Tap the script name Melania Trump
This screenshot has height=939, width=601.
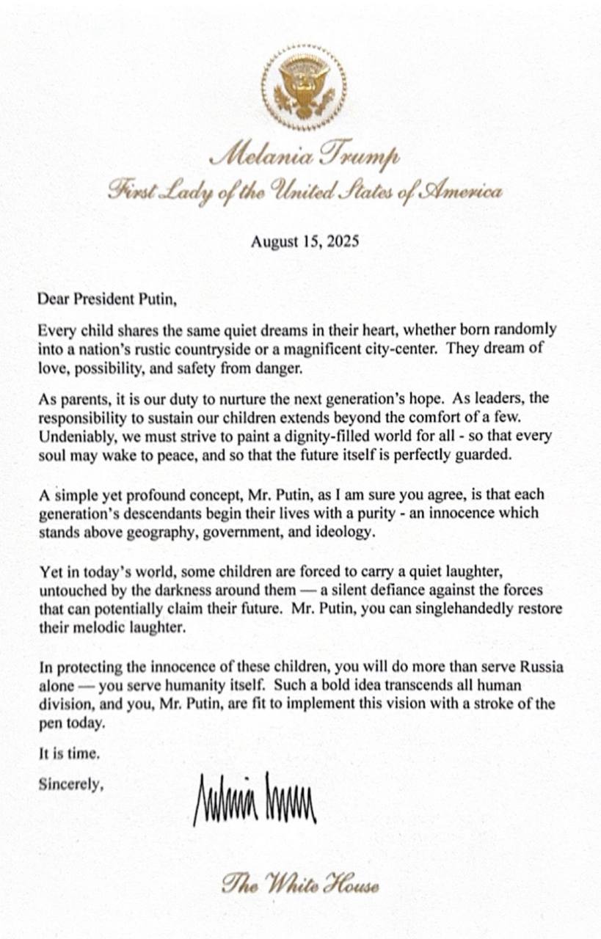(304, 156)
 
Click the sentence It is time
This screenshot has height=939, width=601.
(68, 753)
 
